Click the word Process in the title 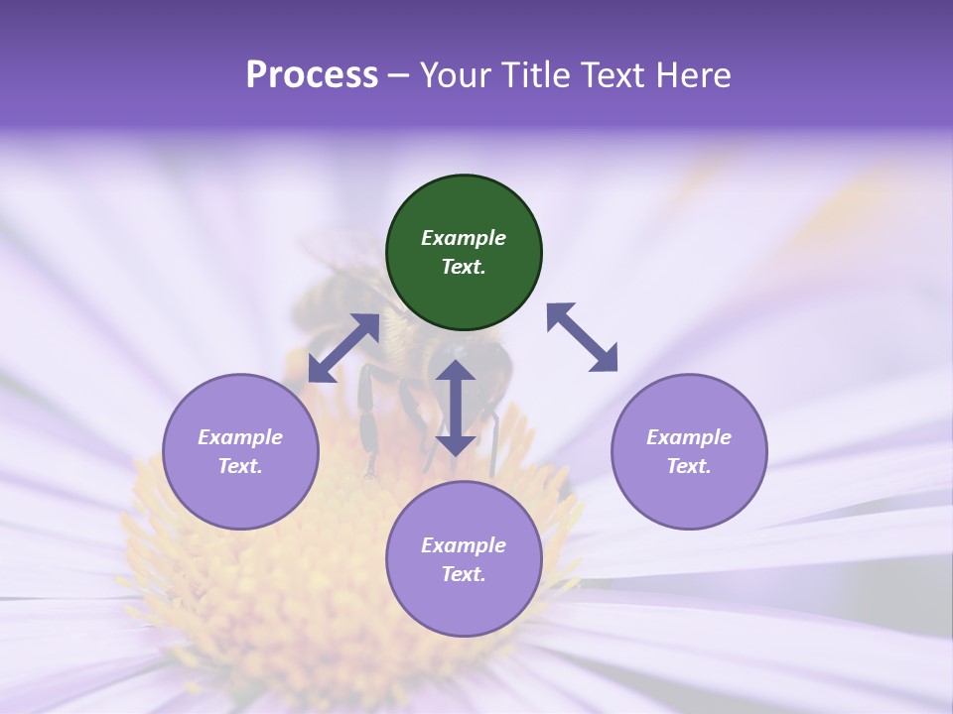pos(312,75)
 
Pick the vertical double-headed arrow pos(456,408)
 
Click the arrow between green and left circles pos(343,348)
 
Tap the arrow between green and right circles pos(583,337)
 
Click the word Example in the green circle pos(464,238)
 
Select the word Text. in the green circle pos(464,267)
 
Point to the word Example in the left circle pos(240,437)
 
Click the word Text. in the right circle pos(689,466)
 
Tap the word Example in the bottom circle pos(464,545)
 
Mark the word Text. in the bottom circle pos(464,574)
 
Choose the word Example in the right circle pos(689,437)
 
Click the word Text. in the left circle pos(240,466)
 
